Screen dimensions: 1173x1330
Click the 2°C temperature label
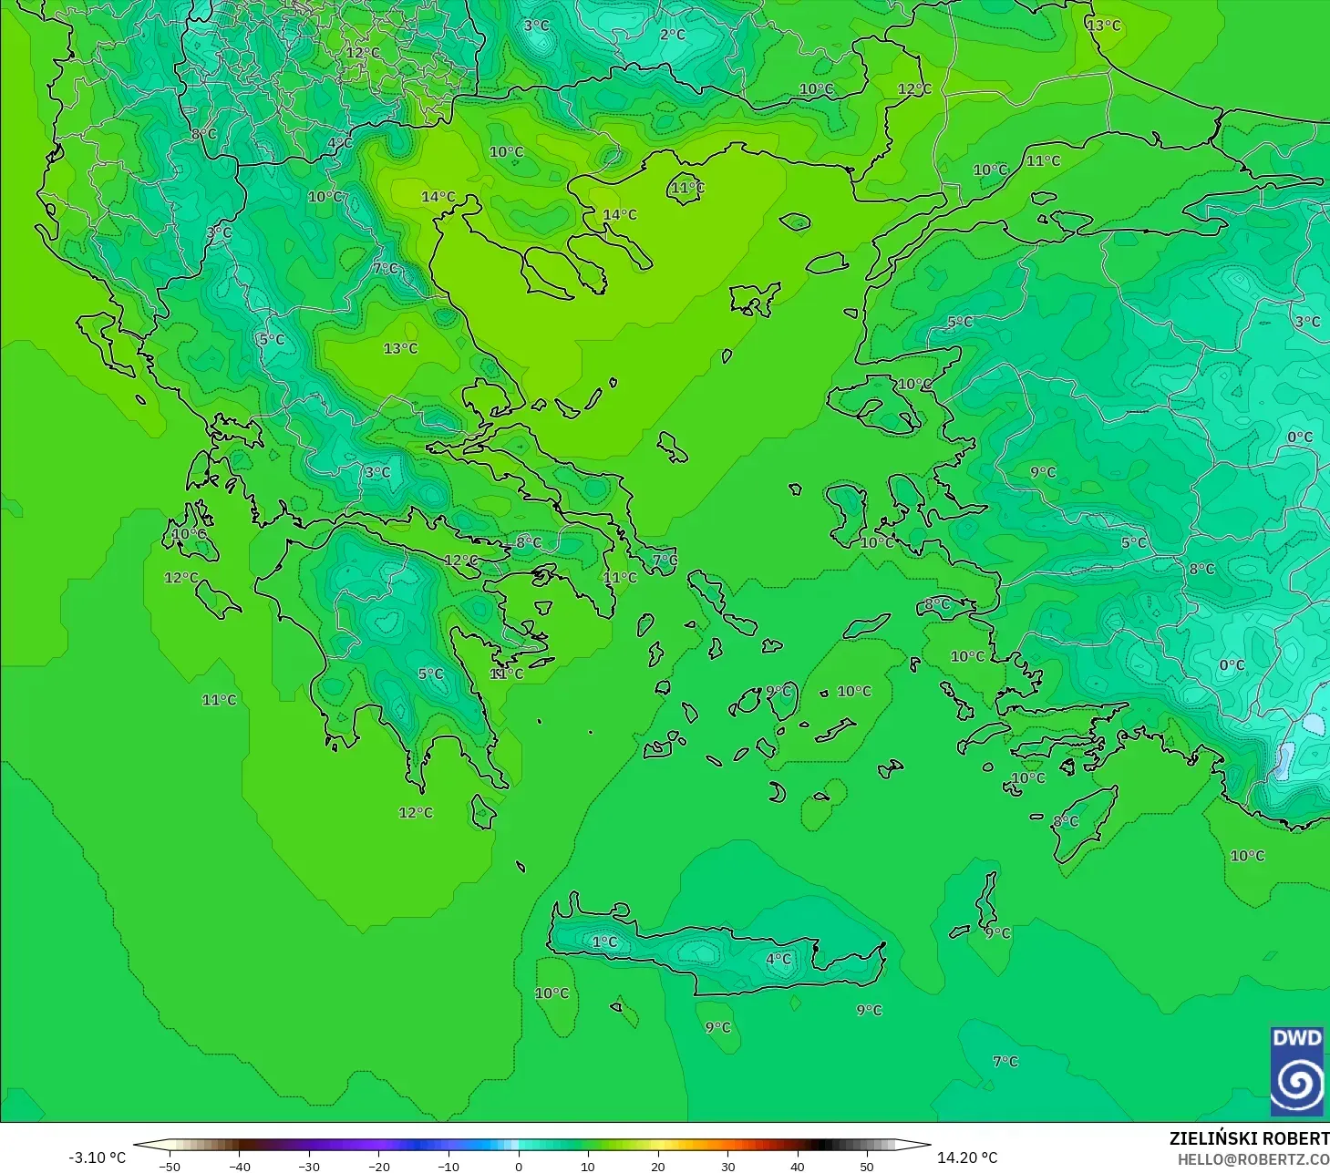tap(673, 35)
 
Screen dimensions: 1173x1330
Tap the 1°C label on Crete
tap(604, 941)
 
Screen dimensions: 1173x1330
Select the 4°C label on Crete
tap(778, 959)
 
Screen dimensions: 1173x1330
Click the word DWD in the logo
tap(1296, 1038)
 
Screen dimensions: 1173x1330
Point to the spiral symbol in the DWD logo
tap(1296, 1083)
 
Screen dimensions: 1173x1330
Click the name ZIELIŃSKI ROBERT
tap(1249, 1138)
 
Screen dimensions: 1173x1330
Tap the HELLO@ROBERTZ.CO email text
tap(1253, 1159)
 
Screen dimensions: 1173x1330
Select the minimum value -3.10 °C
tap(98, 1158)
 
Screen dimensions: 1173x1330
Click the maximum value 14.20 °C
tap(967, 1158)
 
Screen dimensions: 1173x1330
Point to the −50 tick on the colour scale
tap(170, 1166)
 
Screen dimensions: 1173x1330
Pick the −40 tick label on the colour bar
tap(239, 1166)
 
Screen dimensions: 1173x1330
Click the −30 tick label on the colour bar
tap(309, 1166)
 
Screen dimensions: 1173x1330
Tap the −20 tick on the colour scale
tap(379, 1166)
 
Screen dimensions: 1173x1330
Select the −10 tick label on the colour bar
tap(448, 1166)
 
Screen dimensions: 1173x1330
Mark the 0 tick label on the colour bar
tap(519, 1166)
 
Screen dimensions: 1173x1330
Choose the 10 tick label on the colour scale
tap(588, 1166)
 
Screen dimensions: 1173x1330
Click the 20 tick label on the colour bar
tap(658, 1166)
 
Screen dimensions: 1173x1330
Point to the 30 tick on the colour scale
tap(727, 1166)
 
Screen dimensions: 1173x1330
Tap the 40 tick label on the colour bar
tap(798, 1166)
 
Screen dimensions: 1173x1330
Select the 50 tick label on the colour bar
tap(867, 1166)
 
